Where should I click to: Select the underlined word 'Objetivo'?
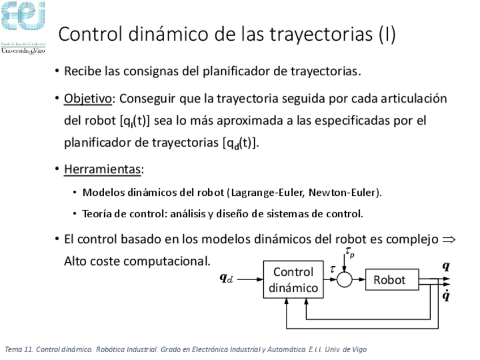tap(88, 99)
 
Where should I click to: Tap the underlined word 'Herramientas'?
tap(102, 169)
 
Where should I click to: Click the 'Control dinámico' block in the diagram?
tap(293, 280)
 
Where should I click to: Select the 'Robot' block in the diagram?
tap(389, 280)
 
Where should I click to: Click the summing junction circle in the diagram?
tap(344, 279)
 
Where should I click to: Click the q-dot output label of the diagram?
tap(446, 295)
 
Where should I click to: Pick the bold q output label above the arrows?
tap(446, 265)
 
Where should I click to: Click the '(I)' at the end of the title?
tap(387, 35)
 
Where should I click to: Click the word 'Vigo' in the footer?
tap(359, 349)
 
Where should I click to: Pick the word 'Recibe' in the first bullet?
tap(82, 72)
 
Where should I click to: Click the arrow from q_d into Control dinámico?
tap(249, 279)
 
